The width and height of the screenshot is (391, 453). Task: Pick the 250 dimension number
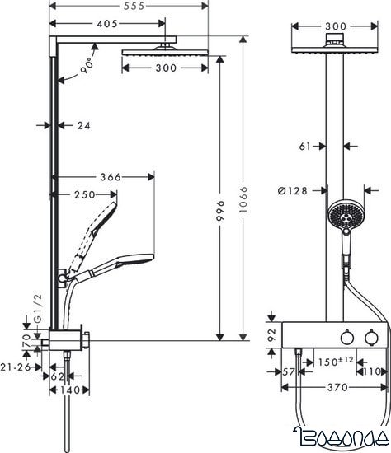82,194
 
